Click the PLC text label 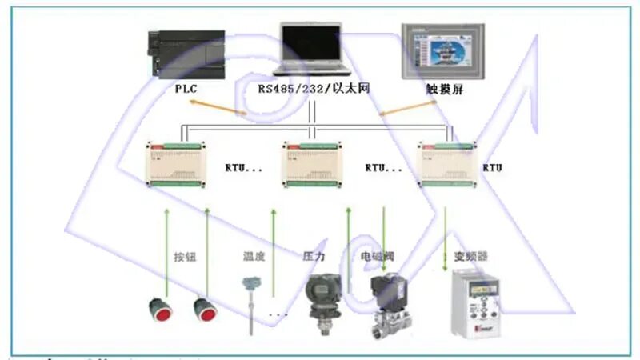point(186,89)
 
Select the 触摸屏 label point(445,90)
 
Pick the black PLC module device point(188,54)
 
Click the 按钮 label point(185,258)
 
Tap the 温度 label point(254,258)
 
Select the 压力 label point(314,258)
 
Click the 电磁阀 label point(378,258)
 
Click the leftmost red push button point(161,310)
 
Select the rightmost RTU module point(448,163)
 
